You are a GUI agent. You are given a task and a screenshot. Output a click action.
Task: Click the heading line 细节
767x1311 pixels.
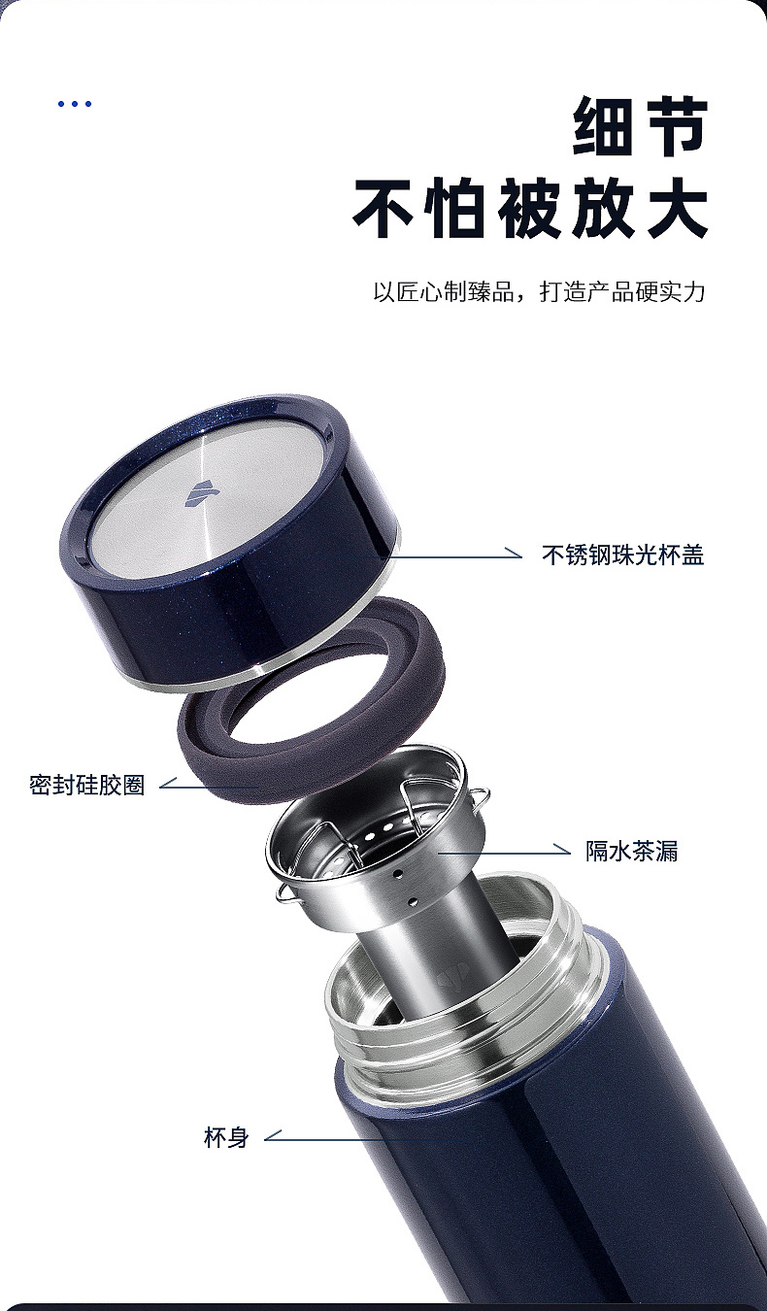(x=639, y=126)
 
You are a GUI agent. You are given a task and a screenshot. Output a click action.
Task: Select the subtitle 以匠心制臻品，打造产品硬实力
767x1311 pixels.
(x=539, y=291)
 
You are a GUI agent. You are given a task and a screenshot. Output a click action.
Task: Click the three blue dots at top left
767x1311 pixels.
(x=75, y=104)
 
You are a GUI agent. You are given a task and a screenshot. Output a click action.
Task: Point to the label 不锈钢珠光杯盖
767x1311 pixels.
(x=622, y=555)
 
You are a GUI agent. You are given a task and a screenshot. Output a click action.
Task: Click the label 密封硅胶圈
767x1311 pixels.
(x=87, y=785)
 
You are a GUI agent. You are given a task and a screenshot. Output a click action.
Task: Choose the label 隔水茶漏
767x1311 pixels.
(x=631, y=852)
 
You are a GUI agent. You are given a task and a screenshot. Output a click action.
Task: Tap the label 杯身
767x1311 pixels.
(x=226, y=1137)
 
